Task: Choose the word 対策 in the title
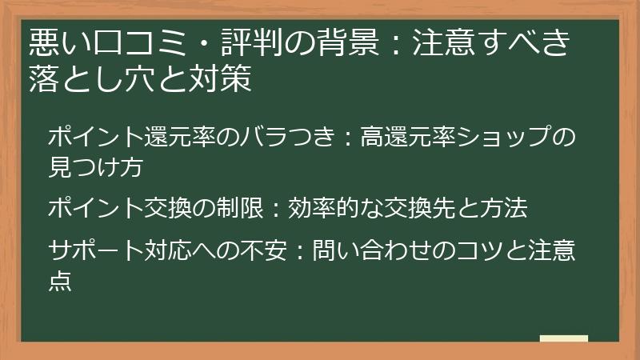[229, 78]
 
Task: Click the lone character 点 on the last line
[60, 280]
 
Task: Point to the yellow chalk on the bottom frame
[563, 338]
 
